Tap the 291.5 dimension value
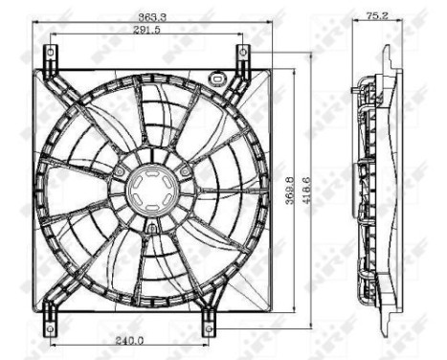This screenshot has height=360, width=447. coord(146,32)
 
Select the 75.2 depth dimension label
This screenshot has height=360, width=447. coord(377,15)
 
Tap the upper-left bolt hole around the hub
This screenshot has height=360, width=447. coord(119,171)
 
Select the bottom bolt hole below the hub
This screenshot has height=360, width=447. coord(151,228)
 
